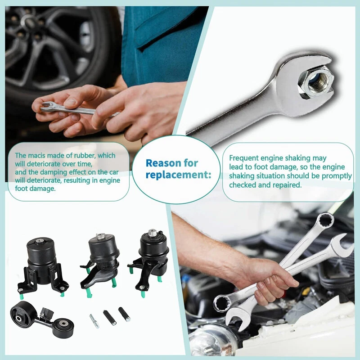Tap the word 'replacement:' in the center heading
pyautogui.click(x=178, y=175)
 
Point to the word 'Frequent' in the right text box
pyautogui.click(x=244, y=158)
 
